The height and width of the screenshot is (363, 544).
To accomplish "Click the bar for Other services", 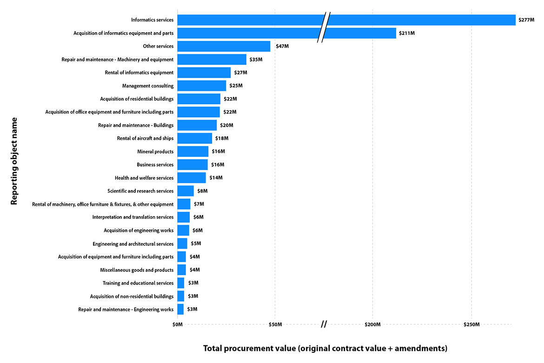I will pyautogui.click(x=224, y=47).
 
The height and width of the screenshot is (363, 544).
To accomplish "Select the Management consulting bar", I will pyautogui.click(x=202, y=86).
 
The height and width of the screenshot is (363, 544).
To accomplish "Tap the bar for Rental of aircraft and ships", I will pyautogui.click(x=195, y=138).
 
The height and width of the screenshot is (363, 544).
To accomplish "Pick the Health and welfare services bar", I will pyautogui.click(x=192, y=178).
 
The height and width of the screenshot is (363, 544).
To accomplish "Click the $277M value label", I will pyautogui.click(x=526, y=20).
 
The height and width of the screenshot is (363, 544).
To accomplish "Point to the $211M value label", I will pyautogui.click(x=407, y=34).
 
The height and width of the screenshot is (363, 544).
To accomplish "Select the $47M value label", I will pyautogui.click(x=281, y=47).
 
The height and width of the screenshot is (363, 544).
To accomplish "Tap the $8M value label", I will pyautogui.click(x=202, y=191).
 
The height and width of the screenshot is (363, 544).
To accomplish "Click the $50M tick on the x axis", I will pyautogui.click(x=275, y=324).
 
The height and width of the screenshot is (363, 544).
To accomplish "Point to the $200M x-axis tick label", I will pyautogui.click(x=372, y=324).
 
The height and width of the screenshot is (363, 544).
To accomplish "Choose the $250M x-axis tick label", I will pyautogui.click(x=471, y=324).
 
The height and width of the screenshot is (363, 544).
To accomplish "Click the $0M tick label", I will pyautogui.click(x=177, y=324).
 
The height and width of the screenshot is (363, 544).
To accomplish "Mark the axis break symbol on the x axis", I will pyautogui.click(x=324, y=324).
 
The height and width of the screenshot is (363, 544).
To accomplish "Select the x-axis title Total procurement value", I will pyautogui.click(x=325, y=348).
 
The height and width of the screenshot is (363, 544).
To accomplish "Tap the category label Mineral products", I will pyautogui.click(x=155, y=152).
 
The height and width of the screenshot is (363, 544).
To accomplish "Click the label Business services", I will pyautogui.click(x=155, y=165).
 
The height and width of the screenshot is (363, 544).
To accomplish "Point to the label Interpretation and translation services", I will pyautogui.click(x=133, y=217).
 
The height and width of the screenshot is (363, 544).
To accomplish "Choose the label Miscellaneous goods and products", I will pyautogui.click(x=137, y=270).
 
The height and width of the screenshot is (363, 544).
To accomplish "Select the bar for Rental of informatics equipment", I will pyautogui.click(x=204, y=73).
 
